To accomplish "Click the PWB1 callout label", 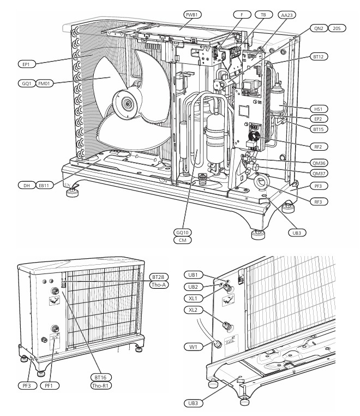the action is tap(192, 15).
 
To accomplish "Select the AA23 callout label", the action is tap(286, 15).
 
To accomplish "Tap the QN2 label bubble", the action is tap(319, 28).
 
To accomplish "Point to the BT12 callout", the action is tap(319, 57).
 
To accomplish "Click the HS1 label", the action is tap(319, 109).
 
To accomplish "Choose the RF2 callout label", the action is tap(319, 146).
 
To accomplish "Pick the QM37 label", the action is tap(319, 174).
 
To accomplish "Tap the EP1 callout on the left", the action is tap(27, 64).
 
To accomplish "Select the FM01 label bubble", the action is tap(44, 84).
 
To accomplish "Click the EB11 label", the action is tap(44, 186).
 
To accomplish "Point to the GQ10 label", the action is tap(182, 233).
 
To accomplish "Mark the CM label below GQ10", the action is tap(182, 240).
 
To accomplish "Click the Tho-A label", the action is tap(159, 284).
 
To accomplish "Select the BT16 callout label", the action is tap(100, 377).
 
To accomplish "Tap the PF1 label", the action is tap(49, 385).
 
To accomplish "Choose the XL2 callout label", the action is tap(193, 310).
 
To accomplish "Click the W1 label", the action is tap(193, 347).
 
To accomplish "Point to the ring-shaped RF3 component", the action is tap(261, 182).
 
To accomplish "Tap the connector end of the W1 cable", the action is tap(218, 344).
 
